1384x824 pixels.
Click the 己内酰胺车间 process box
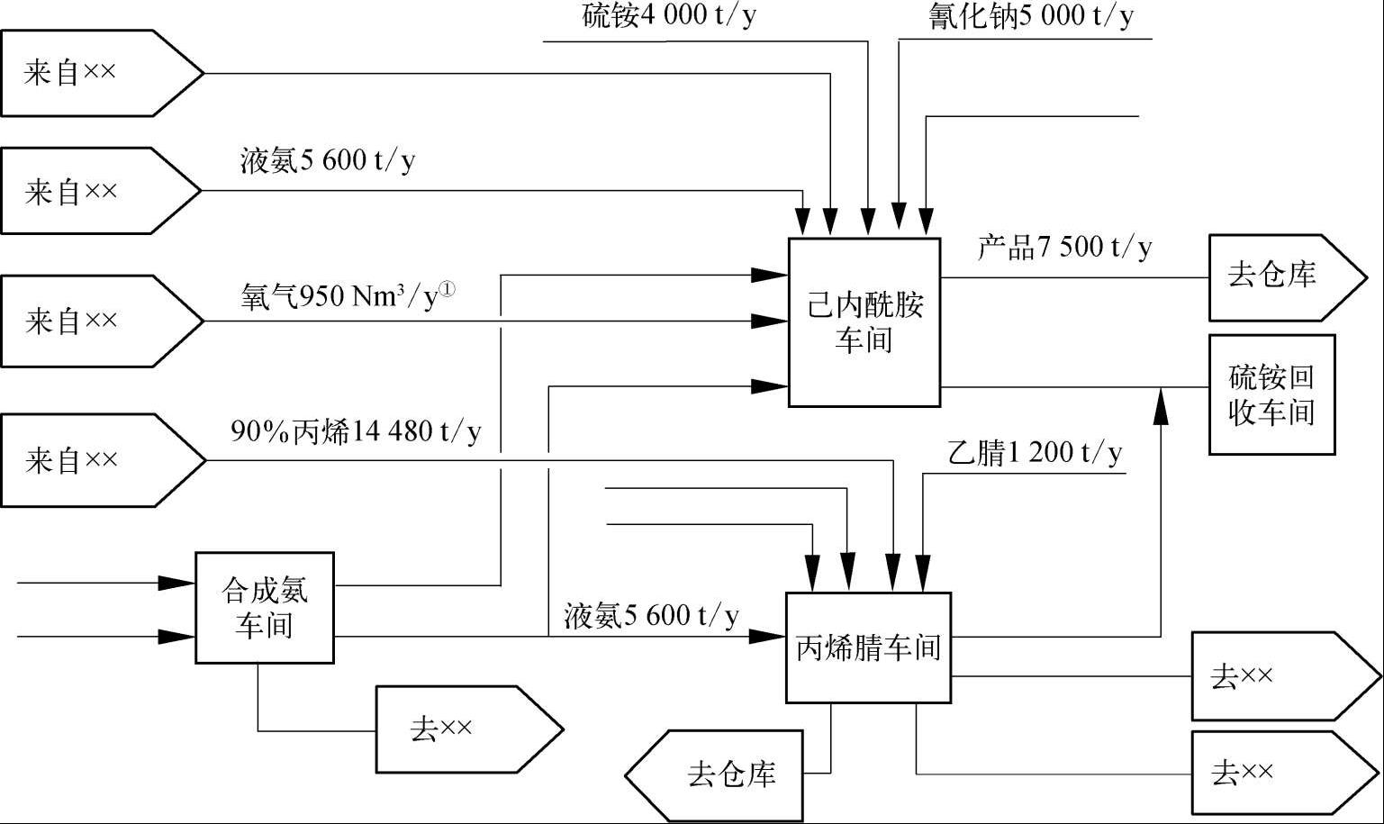[864, 322]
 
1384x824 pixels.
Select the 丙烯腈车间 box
[868, 647]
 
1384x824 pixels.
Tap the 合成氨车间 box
[265, 608]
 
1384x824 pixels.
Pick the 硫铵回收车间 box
[1271, 394]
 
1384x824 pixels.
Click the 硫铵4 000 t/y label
[668, 16]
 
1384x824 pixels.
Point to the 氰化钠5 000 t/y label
[1031, 16]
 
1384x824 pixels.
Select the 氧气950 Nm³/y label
[348, 295]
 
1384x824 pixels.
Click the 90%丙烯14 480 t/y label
[356, 432]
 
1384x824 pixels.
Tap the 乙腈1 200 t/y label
[1035, 452]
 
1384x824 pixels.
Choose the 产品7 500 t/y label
[1064, 247]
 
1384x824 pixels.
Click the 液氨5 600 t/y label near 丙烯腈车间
[651, 616]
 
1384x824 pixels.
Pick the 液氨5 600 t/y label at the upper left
[328, 160]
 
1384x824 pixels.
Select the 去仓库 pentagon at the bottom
[715, 774]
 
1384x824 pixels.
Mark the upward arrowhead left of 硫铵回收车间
[1161, 407]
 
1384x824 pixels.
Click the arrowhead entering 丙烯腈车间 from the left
[768, 637]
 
